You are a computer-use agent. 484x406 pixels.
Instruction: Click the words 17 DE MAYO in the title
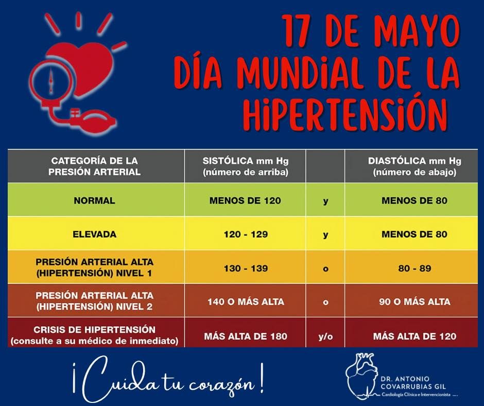click(x=370, y=31)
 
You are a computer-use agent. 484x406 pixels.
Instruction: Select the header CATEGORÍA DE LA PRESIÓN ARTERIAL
click(x=94, y=166)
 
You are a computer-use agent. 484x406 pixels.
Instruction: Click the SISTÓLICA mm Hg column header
click(x=245, y=166)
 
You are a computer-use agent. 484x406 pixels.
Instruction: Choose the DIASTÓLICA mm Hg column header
click(x=414, y=166)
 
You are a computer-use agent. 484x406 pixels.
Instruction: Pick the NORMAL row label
click(x=94, y=200)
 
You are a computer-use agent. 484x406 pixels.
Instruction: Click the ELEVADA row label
click(x=94, y=234)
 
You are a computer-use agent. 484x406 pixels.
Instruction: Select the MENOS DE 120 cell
click(x=245, y=200)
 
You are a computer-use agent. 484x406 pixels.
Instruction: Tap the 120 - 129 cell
click(x=245, y=234)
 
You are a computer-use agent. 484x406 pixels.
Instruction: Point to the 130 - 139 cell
click(x=245, y=268)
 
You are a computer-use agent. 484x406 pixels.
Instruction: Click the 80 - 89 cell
click(x=414, y=268)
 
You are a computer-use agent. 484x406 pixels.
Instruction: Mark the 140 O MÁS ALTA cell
click(x=245, y=302)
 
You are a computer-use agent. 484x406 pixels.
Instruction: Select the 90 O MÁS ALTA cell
click(x=414, y=302)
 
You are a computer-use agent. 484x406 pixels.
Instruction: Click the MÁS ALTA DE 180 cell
click(x=245, y=336)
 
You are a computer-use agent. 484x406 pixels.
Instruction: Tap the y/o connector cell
click(x=325, y=336)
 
